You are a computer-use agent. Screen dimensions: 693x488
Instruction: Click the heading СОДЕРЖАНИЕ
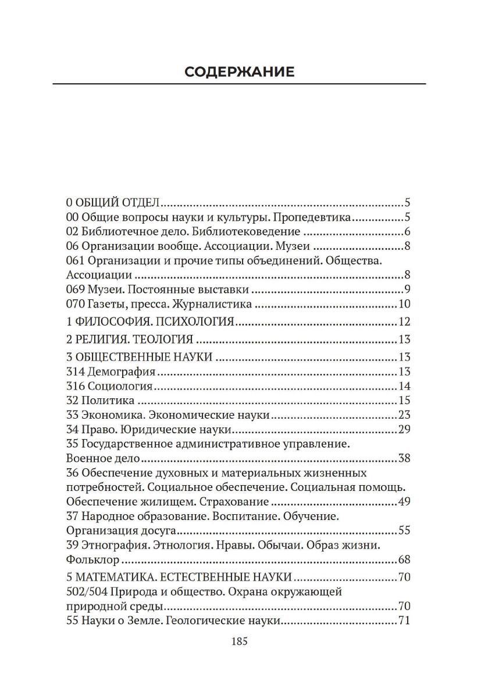click(x=239, y=72)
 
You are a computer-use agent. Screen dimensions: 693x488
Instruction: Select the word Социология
click(x=120, y=386)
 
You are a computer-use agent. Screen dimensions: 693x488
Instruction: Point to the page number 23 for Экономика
click(x=404, y=415)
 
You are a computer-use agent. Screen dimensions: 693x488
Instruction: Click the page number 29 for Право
click(x=404, y=429)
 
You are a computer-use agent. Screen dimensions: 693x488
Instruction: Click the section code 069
click(x=75, y=289)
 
